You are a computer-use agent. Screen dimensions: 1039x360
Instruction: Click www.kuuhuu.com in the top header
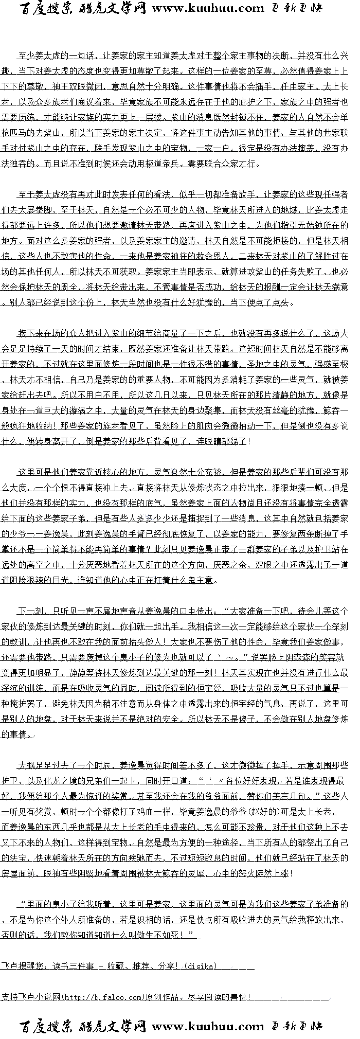[207, 8]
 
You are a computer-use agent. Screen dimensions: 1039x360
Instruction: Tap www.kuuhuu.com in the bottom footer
[207, 1026]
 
